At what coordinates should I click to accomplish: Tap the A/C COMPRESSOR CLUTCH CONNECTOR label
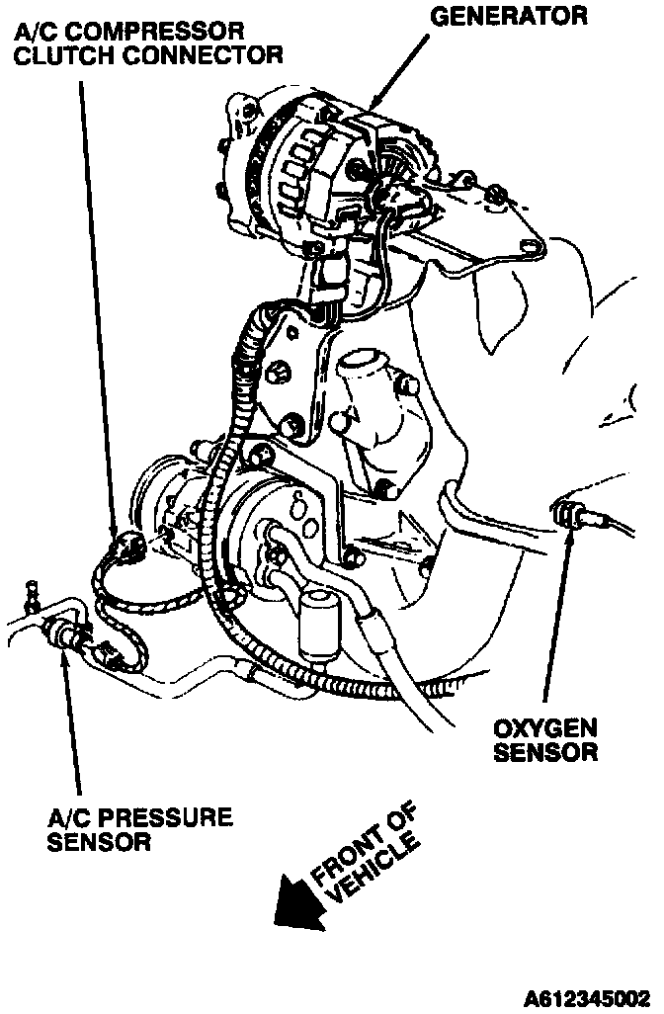(x=148, y=43)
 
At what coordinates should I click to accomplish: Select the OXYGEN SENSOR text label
(x=545, y=740)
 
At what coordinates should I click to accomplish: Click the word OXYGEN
(x=545, y=729)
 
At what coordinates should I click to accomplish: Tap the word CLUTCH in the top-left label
(x=66, y=55)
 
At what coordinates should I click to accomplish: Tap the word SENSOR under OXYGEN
(x=545, y=752)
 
